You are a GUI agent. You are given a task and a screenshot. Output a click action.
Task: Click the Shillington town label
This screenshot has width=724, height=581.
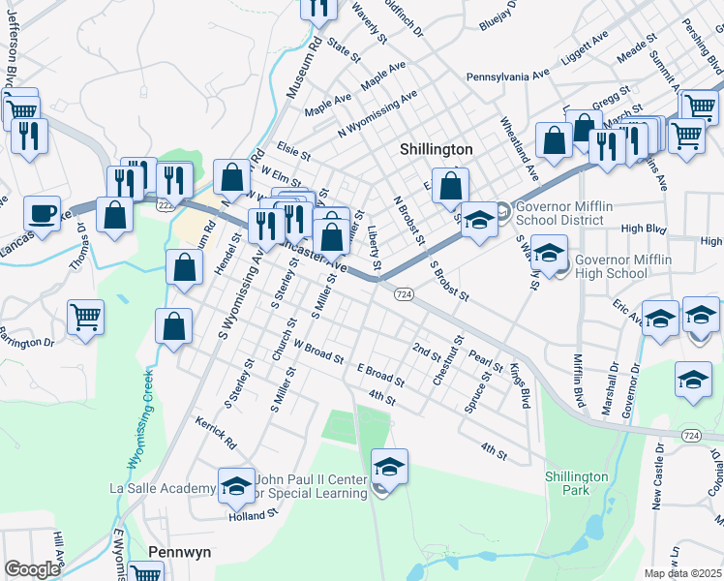point(437,150)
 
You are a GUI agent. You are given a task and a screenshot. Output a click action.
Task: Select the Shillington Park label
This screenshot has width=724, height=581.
point(576,483)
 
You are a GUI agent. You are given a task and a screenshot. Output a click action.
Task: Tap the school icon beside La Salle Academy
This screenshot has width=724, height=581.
point(235,488)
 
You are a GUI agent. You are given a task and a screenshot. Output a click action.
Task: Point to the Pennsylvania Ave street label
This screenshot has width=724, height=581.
point(507,75)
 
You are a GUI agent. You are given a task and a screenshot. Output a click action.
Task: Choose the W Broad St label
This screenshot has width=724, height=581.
point(318,351)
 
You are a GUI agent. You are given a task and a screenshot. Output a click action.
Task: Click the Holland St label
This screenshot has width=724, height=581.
point(255,514)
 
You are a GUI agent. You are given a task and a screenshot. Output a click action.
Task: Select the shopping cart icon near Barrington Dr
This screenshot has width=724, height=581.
point(85,316)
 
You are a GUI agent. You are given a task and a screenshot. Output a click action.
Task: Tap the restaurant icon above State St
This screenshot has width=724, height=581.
point(318,8)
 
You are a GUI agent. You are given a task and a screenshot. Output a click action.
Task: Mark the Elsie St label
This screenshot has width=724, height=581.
point(292,154)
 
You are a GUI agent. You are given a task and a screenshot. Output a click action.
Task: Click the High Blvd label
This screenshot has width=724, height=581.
point(646,229)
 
